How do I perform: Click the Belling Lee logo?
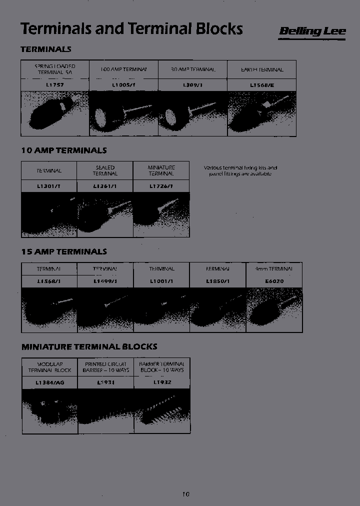pos(312,31)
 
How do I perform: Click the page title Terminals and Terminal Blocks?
pos(131,28)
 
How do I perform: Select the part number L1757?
pos(54,85)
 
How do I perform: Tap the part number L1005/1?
pos(123,85)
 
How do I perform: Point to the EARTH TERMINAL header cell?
pos(261,70)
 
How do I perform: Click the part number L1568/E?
pos(261,85)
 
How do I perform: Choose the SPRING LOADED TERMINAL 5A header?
pos(54,69)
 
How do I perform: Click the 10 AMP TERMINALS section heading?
pos(64,150)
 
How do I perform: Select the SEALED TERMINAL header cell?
pos(105,170)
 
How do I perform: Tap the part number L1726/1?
pos(161,186)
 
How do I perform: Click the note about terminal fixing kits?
pos(240,171)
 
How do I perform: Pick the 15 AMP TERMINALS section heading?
pos(64,251)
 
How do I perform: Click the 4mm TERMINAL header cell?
pos(274,268)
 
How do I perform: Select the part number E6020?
pos(274,281)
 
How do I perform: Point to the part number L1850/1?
pos(217,281)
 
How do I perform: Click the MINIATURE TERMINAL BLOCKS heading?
pos(89,346)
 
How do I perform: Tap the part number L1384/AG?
pos(49,382)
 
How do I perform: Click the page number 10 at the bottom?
pos(185,494)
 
